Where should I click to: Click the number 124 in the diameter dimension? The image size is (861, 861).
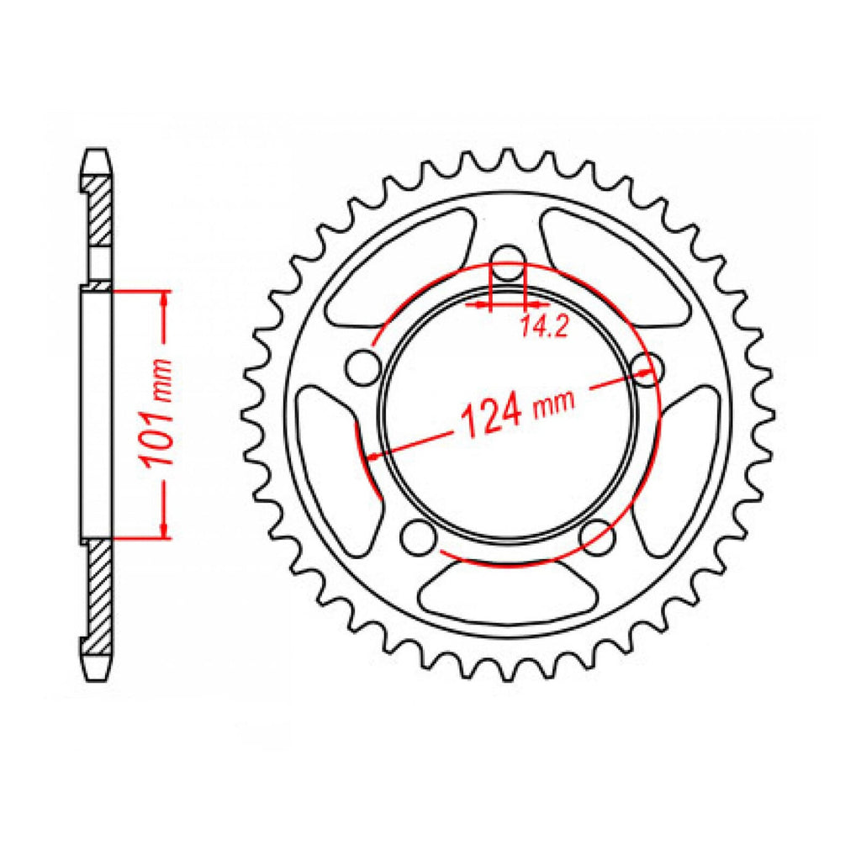[490, 416]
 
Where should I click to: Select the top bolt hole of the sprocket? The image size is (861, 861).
[508, 263]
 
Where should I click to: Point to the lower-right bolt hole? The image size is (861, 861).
[598, 537]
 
